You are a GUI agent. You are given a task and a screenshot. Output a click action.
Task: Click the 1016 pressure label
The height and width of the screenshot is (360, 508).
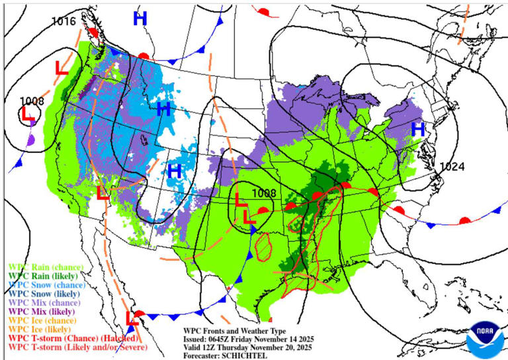click(x=64, y=21)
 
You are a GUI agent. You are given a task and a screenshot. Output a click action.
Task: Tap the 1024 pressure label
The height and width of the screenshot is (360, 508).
click(x=452, y=166)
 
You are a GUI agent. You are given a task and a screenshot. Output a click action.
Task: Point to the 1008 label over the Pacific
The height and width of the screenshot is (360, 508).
click(x=31, y=101)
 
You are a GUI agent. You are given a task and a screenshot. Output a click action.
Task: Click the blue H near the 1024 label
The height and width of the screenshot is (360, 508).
click(x=417, y=130)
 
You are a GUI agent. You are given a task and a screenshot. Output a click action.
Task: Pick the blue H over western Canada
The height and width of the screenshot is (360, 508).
click(x=140, y=19)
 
